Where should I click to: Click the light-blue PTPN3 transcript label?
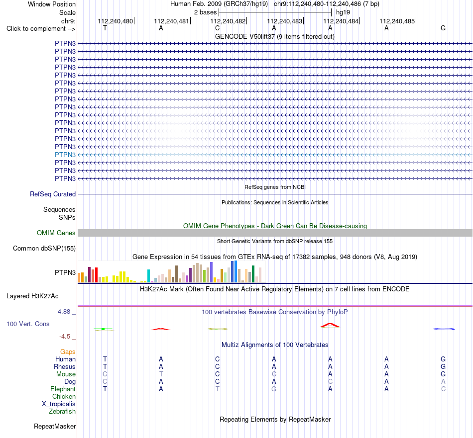[65, 155]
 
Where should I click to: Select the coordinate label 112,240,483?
[284, 21]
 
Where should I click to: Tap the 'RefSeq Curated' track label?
[53, 194]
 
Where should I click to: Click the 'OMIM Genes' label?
[56, 233]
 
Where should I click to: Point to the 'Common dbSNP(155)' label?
[44, 248]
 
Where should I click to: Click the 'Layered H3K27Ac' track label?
[32, 296]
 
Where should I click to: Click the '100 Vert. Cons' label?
[28, 324]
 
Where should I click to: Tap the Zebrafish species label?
[62, 412]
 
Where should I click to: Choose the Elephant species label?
[63, 389]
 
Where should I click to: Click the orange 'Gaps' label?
[68, 352]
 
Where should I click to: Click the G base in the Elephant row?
[274, 389]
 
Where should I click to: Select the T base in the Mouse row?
[161, 374]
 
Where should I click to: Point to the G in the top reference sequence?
[443, 28]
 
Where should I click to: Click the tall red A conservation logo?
[330, 325]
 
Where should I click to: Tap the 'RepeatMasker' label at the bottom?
[55, 426]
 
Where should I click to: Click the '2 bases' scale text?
[206, 12]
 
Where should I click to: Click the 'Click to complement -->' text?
[41, 29]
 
